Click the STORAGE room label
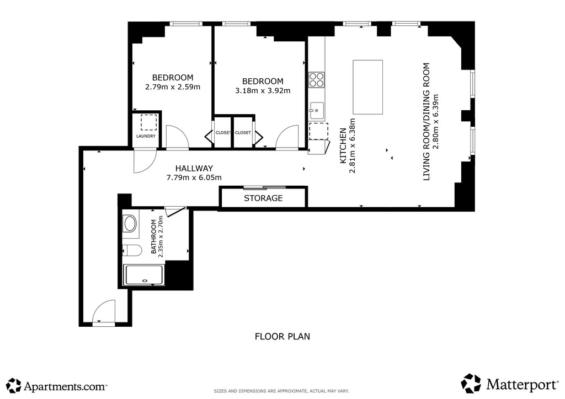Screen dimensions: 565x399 (x=263, y=198)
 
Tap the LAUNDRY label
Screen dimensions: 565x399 (x=146, y=136)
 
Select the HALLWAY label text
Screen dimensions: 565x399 (x=194, y=168)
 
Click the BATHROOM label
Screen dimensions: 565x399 (x=154, y=236)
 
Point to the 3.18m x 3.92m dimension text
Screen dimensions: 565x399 (x=263, y=91)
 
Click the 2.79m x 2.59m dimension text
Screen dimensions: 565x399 (x=173, y=87)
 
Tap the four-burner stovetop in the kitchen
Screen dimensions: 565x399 (x=316, y=79)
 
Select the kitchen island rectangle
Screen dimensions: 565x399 (x=367, y=87)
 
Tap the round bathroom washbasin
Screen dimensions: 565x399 (x=129, y=223)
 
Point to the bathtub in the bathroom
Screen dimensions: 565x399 (x=143, y=275)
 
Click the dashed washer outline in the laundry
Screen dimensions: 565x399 (x=149, y=122)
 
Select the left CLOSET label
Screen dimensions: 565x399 (x=223, y=133)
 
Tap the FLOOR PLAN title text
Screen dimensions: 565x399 (x=282, y=336)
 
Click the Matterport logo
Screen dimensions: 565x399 (x=509, y=384)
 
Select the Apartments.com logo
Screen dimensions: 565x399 (x=57, y=386)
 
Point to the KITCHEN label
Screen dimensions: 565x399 (x=343, y=145)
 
